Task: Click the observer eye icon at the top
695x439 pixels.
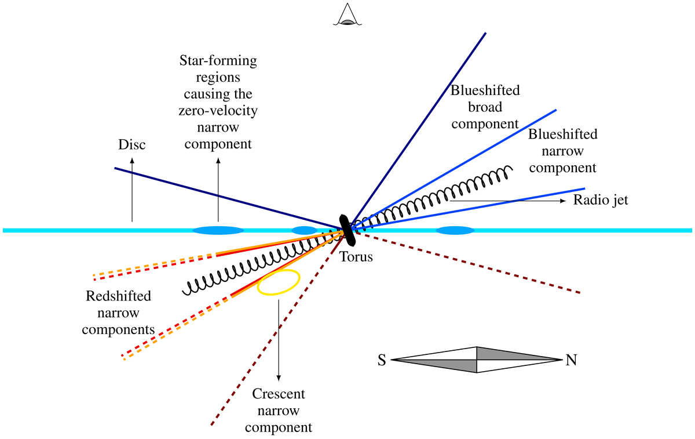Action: tap(348, 15)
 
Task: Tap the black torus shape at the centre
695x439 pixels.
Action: tap(347, 227)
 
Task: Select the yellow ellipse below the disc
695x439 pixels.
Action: tap(279, 282)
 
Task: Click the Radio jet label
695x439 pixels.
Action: tap(601, 201)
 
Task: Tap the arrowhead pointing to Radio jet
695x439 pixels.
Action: tap(564, 201)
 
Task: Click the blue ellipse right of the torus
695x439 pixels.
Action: tap(455, 231)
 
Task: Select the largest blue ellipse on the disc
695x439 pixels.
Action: tap(217, 230)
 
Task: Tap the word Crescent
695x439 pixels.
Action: tap(279, 395)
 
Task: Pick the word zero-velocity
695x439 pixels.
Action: tap(218, 110)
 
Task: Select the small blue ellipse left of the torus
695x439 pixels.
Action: tap(303, 230)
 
